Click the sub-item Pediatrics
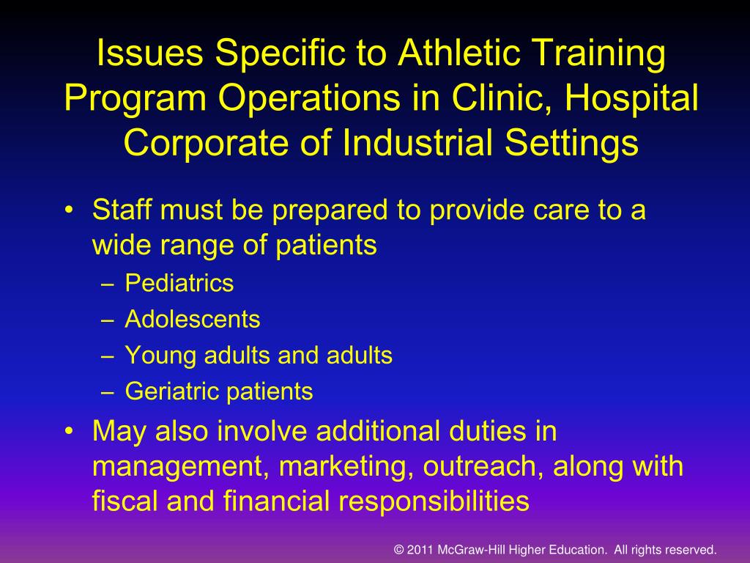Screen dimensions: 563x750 point(179,284)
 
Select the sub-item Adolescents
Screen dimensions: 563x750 point(193,320)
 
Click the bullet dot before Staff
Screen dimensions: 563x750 point(69,213)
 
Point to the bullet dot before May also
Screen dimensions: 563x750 point(69,433)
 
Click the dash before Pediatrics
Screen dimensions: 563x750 point(108,284)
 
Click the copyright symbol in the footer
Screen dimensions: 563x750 point(399,549)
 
